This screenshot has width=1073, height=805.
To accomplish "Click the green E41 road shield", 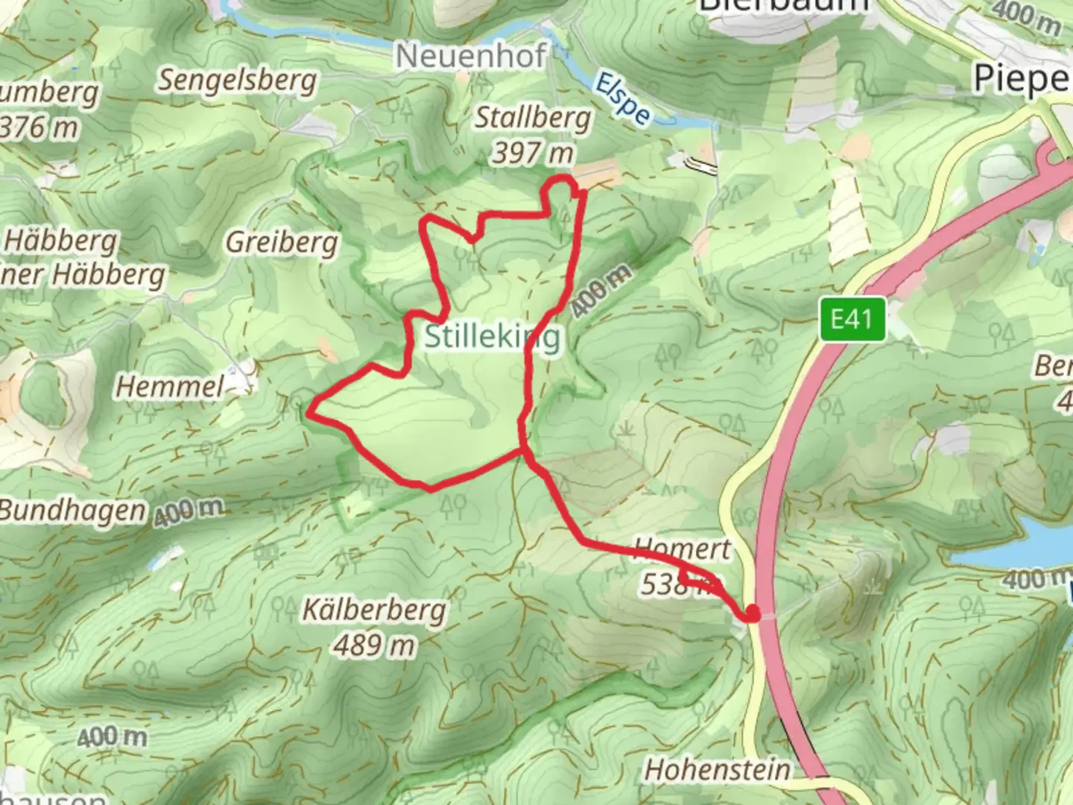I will tap(852, 320).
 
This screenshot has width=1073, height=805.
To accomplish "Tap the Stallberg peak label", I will tap(533, 118).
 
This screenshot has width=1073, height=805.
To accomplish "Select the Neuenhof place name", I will tap(471, 56).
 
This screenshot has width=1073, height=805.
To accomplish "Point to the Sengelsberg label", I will tap(236, 80).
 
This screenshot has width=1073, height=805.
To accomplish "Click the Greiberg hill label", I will tap(282, 242).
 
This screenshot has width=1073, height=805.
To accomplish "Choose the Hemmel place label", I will tap(170, 387).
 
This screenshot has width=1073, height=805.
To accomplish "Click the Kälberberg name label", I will tap(374, 610).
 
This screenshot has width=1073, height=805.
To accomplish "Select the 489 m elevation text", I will tap(374, 645).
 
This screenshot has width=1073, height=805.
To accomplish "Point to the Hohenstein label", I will tap(717, 770).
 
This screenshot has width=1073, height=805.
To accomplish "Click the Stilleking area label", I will tap(492, 337).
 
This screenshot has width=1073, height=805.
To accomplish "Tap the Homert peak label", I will tap(683, 549).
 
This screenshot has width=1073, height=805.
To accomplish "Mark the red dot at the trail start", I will tap(752, 613).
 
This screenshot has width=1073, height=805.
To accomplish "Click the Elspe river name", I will tap(623, 97).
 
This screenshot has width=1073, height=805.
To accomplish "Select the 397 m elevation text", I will tap(533, 154).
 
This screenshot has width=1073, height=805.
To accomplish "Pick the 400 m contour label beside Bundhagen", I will tap(189, 511).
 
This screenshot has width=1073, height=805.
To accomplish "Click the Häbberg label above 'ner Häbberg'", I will tap(61, 241).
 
